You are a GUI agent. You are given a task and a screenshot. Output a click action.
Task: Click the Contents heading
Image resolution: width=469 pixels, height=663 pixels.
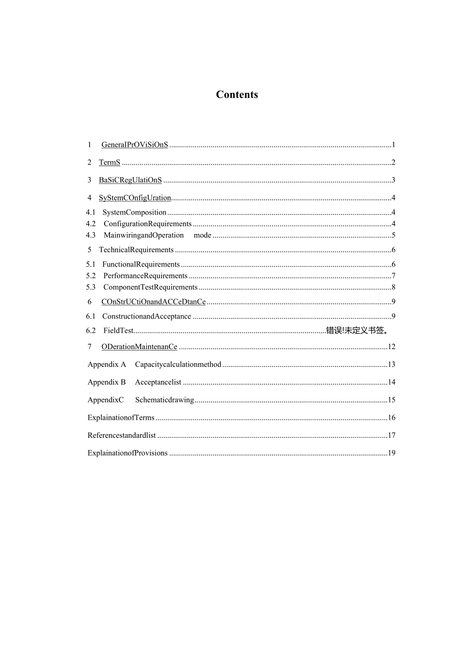[x=237, y=94]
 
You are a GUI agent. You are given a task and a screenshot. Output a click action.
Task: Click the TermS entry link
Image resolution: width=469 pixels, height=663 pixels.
[x=110, y=163]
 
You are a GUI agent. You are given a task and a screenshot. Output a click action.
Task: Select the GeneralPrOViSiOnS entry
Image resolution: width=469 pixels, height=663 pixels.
[x=135, y=145]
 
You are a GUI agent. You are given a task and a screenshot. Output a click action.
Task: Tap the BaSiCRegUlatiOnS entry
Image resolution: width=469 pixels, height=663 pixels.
[x=130, y=180]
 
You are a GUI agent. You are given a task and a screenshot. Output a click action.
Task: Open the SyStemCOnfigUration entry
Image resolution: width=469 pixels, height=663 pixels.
[x=135, y=198]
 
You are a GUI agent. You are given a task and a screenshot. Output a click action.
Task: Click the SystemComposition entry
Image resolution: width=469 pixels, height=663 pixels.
[x=135, y=213]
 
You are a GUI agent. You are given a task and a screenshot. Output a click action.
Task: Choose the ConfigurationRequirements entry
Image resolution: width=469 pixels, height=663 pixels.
[x=147, y=224]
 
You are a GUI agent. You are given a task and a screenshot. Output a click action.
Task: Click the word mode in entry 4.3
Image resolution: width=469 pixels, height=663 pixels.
[x=202, y=235]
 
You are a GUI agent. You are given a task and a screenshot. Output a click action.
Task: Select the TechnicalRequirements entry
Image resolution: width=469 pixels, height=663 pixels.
[x=136, y=250]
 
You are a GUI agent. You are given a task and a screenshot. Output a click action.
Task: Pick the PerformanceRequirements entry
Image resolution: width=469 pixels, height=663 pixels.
[x=145, y=276]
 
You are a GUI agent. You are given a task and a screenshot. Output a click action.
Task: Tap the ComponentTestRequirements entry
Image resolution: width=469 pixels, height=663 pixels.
[x=150, y=287]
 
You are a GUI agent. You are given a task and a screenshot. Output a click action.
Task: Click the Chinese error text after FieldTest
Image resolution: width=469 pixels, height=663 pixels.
[x=357, y=331]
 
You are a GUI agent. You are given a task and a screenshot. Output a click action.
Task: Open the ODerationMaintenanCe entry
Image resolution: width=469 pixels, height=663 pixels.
[x=139, y=347]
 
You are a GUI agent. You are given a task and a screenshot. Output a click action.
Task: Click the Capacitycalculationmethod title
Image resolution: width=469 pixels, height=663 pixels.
[x=178, y=364]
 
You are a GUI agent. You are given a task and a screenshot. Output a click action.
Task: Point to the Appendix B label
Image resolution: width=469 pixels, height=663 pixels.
[x=107, y=382]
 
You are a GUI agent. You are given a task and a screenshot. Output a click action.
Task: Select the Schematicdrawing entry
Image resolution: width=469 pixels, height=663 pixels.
[x=164, y=400]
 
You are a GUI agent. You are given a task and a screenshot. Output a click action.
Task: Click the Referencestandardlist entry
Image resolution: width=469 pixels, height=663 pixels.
[x=122, y=435]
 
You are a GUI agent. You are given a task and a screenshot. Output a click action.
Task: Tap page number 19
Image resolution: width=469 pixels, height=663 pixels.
[x=392, y=453]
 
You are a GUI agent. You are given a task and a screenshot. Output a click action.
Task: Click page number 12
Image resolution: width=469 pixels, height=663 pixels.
[x=392, y=347]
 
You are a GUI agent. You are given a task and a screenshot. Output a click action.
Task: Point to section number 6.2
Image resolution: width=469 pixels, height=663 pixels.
[x=91, y=331]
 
